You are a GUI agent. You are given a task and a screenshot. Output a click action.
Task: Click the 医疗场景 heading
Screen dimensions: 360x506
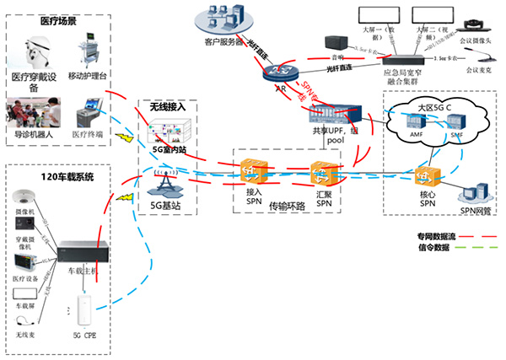pyautogui.click(x=60, y=20)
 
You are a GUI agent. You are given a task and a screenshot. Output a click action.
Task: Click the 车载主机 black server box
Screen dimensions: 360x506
pyautogui.click(x=84, y=251)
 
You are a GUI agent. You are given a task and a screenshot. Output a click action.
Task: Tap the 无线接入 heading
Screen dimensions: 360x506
pyautogui.click(x=167, y=108)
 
